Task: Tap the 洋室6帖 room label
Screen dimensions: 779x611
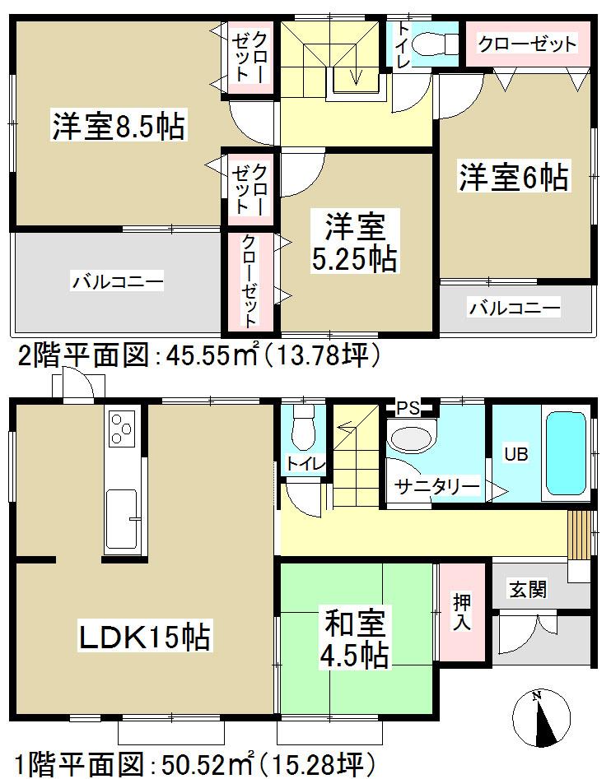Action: (514, 178)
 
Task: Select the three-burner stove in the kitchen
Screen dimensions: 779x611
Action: (121, 429)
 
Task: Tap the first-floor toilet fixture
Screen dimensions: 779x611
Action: (302, 425)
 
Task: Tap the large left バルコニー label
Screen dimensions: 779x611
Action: (117, 282)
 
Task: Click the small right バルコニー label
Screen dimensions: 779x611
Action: (515, 308)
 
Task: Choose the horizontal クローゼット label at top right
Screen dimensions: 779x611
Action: (527, 44)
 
